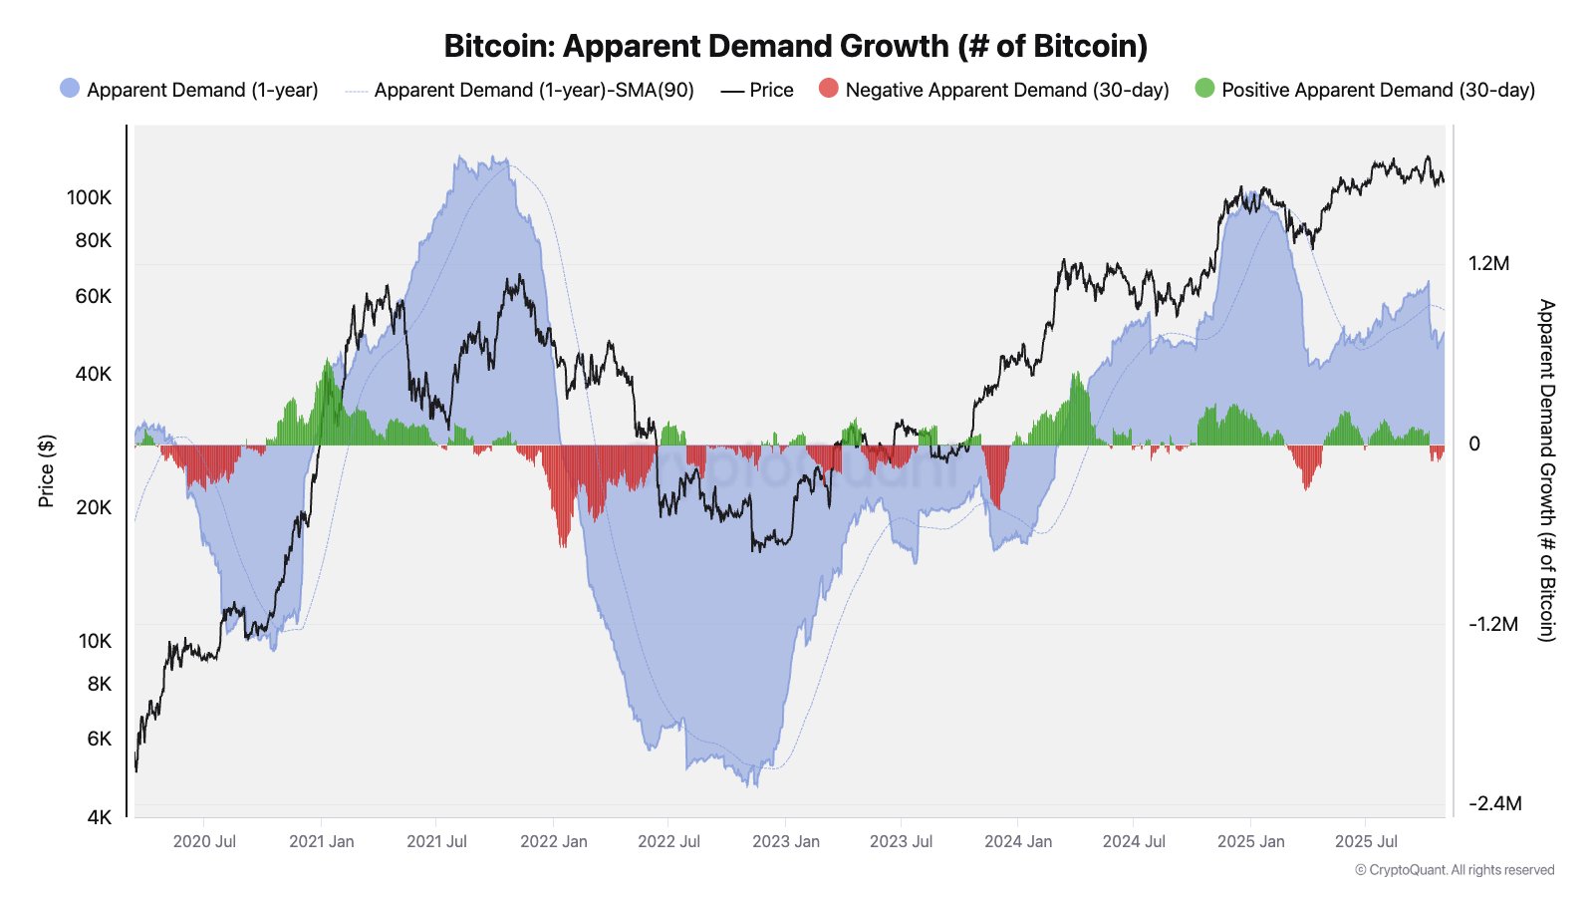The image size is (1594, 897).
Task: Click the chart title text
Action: coord(795,46)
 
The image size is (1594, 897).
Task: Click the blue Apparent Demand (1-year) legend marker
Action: coord(70,89)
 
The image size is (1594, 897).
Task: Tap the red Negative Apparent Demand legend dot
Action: coord(828,89)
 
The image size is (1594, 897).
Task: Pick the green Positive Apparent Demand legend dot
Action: coord(1204,89)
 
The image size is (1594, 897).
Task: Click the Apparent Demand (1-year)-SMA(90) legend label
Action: coord(534,90)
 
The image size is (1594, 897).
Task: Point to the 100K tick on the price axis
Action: coord(89,197)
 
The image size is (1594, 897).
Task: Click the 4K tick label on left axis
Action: coord(99,817)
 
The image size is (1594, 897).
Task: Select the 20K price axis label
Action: coord(93,507)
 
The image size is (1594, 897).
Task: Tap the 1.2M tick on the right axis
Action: coord(1488,263)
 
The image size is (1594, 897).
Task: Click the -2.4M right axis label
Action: coord(1494,803)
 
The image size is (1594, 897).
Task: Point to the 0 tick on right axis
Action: coord(1474,444)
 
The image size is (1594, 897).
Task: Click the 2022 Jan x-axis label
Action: coord(553,841)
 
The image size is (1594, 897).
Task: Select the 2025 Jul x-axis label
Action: coord(1366,841)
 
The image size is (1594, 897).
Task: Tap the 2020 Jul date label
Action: coord(204,841)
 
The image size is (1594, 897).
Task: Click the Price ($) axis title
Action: coord(46,470)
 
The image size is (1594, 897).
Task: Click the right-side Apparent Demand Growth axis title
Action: coord(1546,470)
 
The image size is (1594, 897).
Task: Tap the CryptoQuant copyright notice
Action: coord(1454,870)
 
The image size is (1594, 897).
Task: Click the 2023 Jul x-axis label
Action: coord(901,841)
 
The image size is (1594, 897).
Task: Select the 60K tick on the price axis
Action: coord(93,296)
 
